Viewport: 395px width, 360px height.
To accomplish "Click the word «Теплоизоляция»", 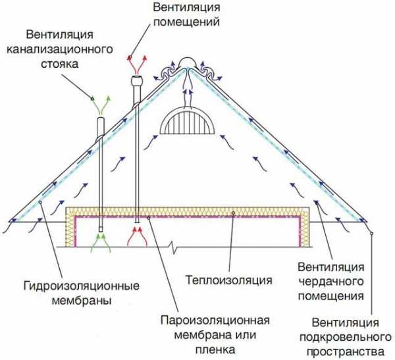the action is [x=228, y=280].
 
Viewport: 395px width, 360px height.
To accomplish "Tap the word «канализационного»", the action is [x=60, y=49].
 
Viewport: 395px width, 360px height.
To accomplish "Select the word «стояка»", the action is [x=60, y=64].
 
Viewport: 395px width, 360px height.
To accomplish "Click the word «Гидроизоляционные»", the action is [x=82, y=286].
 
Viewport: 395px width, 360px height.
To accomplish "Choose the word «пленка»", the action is [x=215, y=349].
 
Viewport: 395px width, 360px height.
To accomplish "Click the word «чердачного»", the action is [x=331, y=282].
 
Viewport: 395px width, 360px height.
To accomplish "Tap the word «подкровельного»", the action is [x=346, y=338].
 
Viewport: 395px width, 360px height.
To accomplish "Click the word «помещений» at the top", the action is [x=187, y=22].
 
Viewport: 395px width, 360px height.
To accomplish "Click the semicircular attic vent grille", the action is [x=187, y=120].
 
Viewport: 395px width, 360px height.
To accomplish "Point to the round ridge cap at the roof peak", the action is [x=187, y=63].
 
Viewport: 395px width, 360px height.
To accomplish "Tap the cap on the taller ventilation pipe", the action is [x=136, y=80].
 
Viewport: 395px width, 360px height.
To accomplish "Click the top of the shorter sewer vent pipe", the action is [x=100, y=120].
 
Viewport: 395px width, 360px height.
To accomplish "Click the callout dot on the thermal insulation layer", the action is [x=233, y=213].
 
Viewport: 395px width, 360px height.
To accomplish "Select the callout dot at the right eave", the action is [x=371, y=234].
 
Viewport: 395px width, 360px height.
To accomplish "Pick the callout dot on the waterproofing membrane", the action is [x=39, y=202].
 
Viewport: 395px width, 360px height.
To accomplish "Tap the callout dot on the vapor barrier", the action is [x=148, y=218].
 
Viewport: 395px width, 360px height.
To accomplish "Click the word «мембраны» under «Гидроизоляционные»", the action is [x=82, y=301].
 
